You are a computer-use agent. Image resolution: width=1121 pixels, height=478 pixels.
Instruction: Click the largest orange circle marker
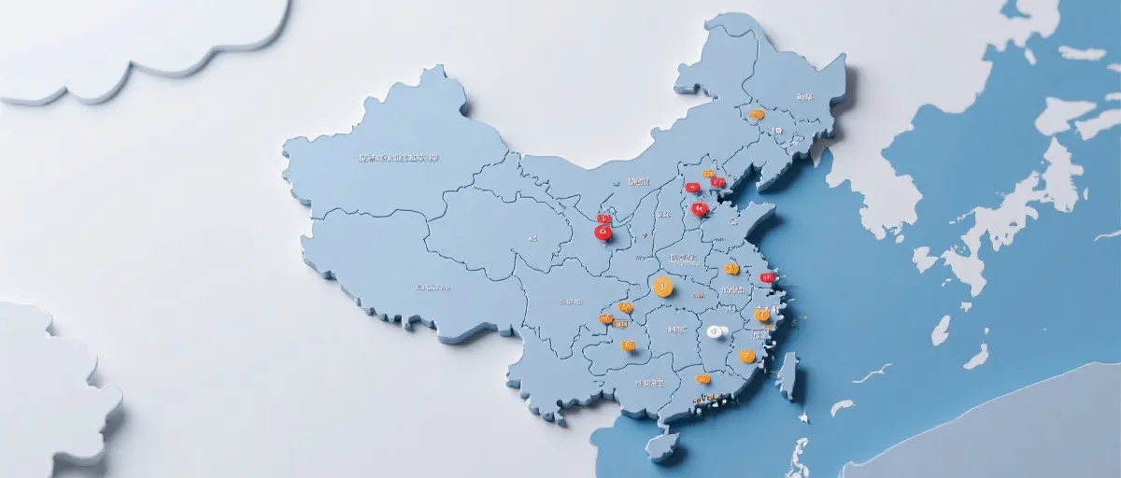663,287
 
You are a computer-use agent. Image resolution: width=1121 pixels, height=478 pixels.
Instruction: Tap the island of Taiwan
789,374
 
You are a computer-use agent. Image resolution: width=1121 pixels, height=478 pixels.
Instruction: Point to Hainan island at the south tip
662,446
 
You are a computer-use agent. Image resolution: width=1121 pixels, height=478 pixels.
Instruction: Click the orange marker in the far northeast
757,115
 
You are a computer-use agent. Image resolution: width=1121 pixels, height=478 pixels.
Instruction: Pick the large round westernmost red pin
603,232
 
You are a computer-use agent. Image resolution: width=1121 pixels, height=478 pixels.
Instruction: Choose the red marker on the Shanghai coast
767,277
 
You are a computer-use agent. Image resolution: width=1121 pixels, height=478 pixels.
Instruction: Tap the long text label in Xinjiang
399,158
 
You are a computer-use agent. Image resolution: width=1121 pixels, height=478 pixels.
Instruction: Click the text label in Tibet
433,287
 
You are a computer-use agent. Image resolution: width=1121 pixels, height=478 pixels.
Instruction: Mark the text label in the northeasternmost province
803,96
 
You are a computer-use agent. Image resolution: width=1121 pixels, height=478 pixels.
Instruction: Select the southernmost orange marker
702,379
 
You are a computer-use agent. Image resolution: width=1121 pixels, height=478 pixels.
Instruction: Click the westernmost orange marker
605,319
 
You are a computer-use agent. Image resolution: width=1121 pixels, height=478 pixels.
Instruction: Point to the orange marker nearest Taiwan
746,356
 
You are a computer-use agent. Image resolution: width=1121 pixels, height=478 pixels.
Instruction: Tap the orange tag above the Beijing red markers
708,174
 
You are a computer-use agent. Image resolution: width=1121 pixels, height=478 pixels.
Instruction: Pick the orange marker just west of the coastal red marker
731,269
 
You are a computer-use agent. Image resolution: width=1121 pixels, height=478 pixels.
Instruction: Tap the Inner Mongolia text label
639,180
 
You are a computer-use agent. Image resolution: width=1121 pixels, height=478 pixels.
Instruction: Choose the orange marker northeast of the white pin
762,316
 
